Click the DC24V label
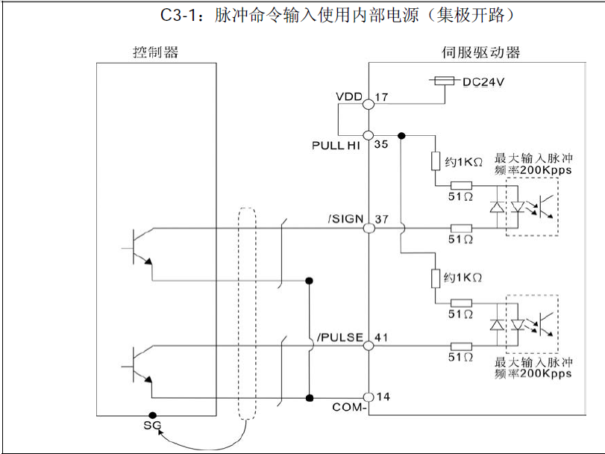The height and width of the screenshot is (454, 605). point(484,82)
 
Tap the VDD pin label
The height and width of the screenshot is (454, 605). point(348,97)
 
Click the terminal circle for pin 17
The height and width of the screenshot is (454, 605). point(368,105)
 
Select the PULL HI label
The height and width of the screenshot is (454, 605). point(336,146)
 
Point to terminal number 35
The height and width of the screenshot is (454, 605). point(381,145)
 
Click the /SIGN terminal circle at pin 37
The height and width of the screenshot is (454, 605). point(368,227)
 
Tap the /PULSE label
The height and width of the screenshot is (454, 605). point(340,338)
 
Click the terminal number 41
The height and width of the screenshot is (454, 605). point(381,338)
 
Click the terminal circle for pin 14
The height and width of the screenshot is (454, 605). point(368,397)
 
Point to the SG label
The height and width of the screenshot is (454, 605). point(152,426)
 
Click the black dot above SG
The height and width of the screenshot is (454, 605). point(152,415)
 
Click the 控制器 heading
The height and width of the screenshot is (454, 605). point(155,52)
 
